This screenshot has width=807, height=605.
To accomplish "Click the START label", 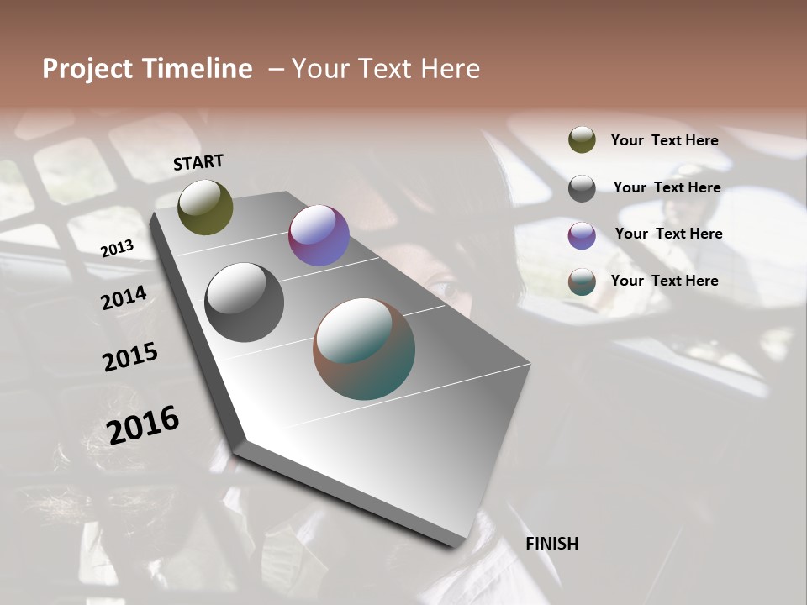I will [x=198, y=162].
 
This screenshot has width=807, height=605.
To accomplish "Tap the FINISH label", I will [x=551, y=544].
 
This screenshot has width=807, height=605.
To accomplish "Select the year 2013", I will [x=117, y=248].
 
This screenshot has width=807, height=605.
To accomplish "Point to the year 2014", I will [x=124, y=297].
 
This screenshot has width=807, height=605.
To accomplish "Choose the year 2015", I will [x=130, y=357].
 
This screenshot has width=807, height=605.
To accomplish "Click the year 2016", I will [x=143, y=424].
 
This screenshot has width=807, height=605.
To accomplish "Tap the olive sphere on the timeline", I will [x=205, y=207].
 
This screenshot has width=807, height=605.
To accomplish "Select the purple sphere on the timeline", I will [x=319, y=235].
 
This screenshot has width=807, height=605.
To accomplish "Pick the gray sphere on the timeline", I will [x=244, y=302].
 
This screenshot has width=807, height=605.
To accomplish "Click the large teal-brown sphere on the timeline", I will [x=364, y=349].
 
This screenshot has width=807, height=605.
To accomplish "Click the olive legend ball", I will [x=582, y=139].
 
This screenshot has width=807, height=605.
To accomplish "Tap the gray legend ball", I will [x=582, y=188].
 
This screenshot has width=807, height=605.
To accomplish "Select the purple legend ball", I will [x=582, y=235].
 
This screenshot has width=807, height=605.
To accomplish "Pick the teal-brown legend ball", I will [x=582, y=281].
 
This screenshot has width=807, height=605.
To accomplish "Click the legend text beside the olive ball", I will [x=664, y=140].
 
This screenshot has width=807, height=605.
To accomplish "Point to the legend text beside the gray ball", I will [x=667, y=187].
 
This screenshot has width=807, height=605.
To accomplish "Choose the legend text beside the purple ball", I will [x=668, y=234].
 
